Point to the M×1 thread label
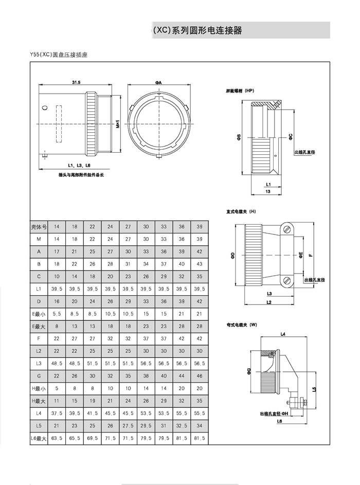point(118,123)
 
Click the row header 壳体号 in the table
point(39,227)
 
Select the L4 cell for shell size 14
point(57,412)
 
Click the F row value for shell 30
point(146,338)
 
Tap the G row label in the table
point(39,375)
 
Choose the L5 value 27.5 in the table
point(128,425)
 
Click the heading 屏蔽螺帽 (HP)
point(240,91)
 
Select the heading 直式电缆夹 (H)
point(241,211)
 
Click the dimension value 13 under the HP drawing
point(268,191)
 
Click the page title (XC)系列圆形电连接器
point(197,31)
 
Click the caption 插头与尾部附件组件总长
point(81,175)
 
